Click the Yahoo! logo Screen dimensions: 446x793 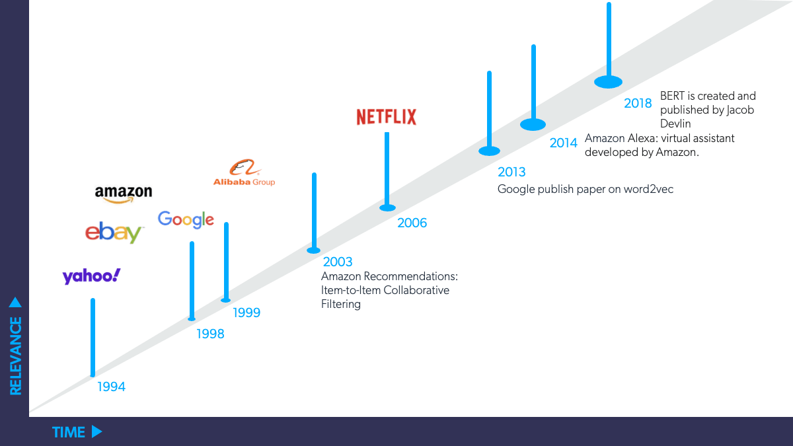[92, 276]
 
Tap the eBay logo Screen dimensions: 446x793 [114, 233]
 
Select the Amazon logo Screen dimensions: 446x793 [124, 193]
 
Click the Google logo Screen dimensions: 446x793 [186, 219]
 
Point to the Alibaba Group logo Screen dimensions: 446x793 [244, 174]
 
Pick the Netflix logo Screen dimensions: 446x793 [387, 117]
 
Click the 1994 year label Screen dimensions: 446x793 [111, 387]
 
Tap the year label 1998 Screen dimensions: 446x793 [210, 334]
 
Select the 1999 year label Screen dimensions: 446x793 [246, 313]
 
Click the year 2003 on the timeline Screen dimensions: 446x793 [338, 262]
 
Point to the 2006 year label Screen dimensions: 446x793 [412, 223]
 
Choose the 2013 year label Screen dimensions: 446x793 [511, 172]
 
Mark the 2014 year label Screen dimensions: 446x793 [564, 143]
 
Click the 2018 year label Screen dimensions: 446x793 [638, 104]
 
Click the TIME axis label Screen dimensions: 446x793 [69, 432]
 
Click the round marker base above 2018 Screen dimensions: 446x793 [609, 83]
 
